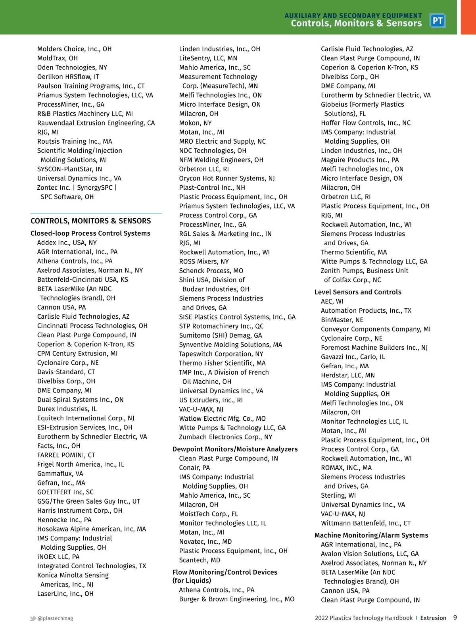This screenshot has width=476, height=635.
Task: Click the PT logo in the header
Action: click(x=438, y=21)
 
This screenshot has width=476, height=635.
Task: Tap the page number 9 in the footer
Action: click(x=455, y=618)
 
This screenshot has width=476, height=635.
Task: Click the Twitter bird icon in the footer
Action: click(x=33, y=618)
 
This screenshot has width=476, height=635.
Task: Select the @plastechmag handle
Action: click(x=55, y=618)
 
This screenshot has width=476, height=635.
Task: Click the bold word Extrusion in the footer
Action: click(x=433, y=618)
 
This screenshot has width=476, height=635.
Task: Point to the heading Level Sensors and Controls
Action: click(x=358, y=292)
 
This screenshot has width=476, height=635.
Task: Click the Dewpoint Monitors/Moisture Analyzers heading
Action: click(x=235, y=449)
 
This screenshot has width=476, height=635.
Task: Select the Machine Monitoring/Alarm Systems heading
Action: click(x=371, y=535)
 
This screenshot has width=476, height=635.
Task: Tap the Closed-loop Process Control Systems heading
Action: click(x=90, y=233)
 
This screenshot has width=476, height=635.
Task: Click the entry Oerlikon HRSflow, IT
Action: click(x=68, y=77)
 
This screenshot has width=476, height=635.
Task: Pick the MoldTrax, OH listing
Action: click(x=58, y=58)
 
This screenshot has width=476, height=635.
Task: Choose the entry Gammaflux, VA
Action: click(x=60, y=473)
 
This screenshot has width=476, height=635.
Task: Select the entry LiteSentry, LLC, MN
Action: click(x=208, y=58)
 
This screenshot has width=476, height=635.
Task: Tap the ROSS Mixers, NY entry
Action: click(x=204, y=262)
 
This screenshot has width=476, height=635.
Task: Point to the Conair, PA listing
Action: click(x=194, y=468)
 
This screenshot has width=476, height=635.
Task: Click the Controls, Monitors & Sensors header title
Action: click(x=356, y=23)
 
